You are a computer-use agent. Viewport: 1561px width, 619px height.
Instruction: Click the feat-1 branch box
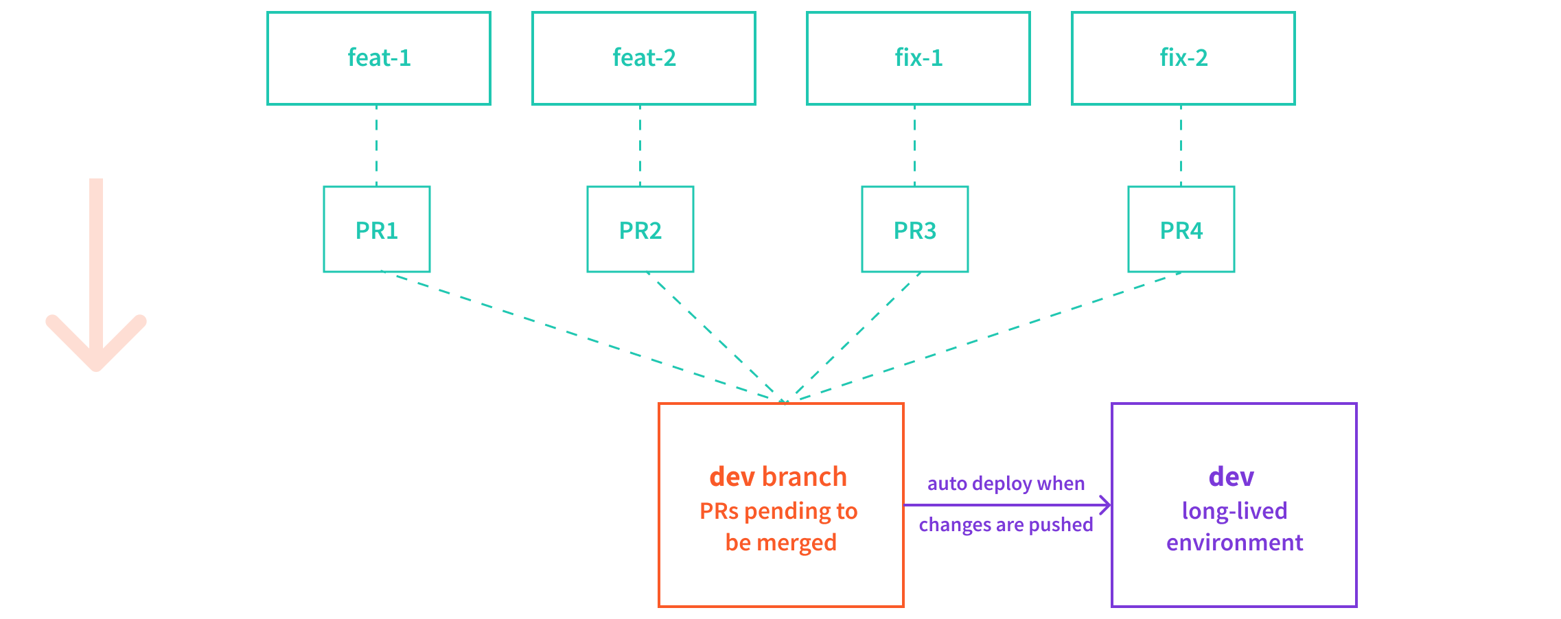pyautogui.click(x=379, y=58)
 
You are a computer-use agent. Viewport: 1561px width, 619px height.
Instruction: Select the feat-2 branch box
pyautogui.click(x=644, y=58)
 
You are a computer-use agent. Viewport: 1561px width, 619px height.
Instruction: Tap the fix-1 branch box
pyautogui.click(x=918, y=58)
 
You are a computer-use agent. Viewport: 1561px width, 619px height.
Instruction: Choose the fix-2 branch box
pyautogui.click(x=1183, y=58)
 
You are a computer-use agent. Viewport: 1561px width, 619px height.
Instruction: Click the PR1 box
pyautogui.click(x=377, y=230)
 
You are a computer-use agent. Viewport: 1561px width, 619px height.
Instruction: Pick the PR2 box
pyautogui.click(x=640, y=230)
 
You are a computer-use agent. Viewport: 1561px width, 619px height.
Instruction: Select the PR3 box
pyautogui.click(x=915, y=230)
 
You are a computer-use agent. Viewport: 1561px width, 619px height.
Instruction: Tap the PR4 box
pyautogui.click(x=1181, y=230)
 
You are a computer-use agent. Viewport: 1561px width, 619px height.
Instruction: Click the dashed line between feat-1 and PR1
pyautogui.click(x=376, y=145)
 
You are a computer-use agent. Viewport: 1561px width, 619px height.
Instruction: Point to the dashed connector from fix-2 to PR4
pyautogui.click(x=1181, y=145)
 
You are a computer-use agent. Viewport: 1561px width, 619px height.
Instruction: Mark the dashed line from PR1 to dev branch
pyautogui.click(x=583, y=336)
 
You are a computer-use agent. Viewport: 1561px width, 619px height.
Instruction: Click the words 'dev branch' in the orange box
pyautogui.click(x=778, y=477)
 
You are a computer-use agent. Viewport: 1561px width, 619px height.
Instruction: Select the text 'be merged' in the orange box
pyautogui.click(x=780, y=543)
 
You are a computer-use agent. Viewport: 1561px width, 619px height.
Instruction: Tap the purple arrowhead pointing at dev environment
pyautogui.click(x=1105, y=505)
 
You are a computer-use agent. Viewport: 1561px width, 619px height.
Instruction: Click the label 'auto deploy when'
pyautogui.click(x=1006, y=484)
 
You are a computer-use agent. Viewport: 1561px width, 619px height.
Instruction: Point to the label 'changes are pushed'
pyautogui.click(x=1006, y=525)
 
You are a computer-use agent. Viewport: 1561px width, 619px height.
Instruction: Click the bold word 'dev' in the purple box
pyautogui.click(x=1232, y=477)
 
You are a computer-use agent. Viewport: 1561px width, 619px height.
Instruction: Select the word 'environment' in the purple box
pyautogui.click(x=1234, y=543)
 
